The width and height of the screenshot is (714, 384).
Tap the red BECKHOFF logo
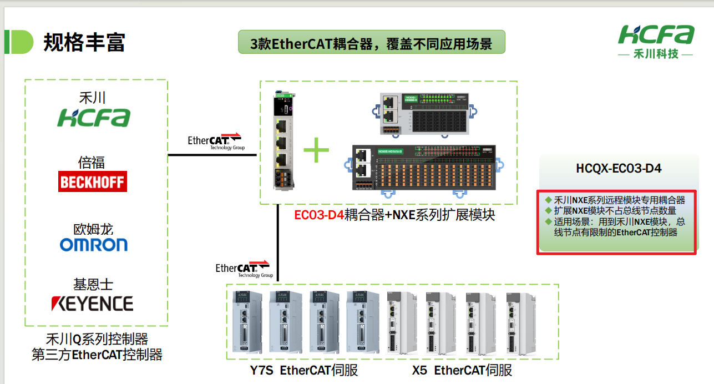(93, 182)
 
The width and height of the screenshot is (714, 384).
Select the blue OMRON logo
(94, 245)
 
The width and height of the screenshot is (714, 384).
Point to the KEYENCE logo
(92, 304)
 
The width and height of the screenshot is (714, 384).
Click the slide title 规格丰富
(84, 43)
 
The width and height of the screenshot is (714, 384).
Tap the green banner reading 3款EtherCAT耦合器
(371, 43)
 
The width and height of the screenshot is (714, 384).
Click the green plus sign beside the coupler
(316, 150)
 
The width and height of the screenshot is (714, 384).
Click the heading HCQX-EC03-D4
(619, 169)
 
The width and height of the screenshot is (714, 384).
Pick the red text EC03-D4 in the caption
(319, 215)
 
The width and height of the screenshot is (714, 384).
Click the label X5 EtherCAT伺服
(462, 371)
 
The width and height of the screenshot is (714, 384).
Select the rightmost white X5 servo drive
(520, 324)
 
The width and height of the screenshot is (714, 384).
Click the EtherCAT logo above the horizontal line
(216, 141)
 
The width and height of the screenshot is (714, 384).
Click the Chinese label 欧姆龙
(93, 229)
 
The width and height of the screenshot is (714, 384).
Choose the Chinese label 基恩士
(93, 284)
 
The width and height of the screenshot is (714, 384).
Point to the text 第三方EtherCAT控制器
(97, 355)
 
